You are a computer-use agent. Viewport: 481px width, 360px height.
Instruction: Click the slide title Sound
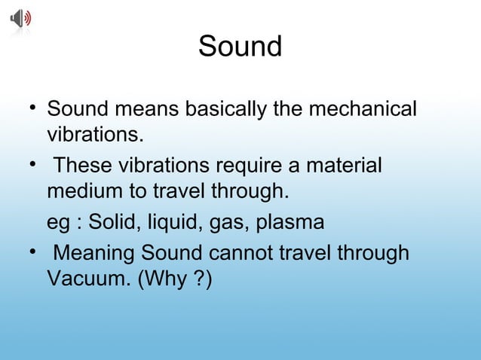[x=240, y=47]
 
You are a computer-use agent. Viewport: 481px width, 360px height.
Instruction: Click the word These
[x=84, y=165]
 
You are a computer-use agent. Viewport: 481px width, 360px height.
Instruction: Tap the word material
[x=348, y=165]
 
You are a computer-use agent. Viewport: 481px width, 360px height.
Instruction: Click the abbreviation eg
[x=58, y=223]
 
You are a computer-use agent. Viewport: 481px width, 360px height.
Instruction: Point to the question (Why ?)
[x=175, y=279]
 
